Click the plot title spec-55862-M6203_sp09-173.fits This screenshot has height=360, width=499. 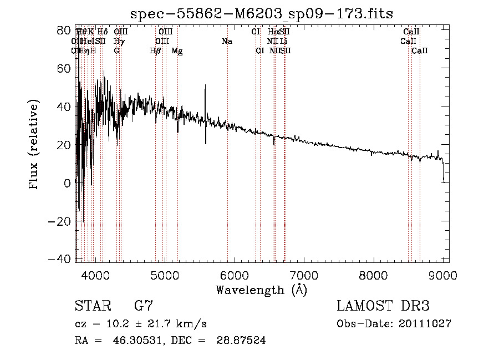tap(262, 14)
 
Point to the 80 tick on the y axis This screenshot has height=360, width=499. tap(76, 30)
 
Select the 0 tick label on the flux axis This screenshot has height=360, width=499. tap(67, 182)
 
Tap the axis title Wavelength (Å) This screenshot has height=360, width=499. tap(261, 289)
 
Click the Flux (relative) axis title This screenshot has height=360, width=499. tap(34, 145)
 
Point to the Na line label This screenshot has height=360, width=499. tap(226, 42)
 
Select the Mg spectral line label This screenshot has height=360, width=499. tap(177, 51)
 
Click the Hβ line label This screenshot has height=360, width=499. tap(155, 51)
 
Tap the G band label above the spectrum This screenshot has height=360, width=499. tap(116, 51)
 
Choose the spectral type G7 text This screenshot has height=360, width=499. tap(143, 306)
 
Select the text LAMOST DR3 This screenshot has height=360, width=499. tap(383, 306)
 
